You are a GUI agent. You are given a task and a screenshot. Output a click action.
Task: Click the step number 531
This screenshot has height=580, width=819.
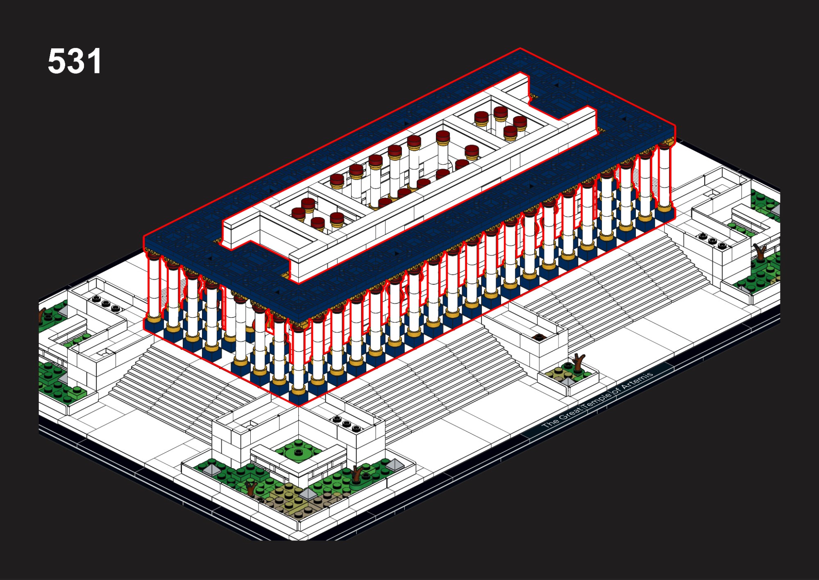74,61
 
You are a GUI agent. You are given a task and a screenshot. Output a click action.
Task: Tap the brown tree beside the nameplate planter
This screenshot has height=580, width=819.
578,362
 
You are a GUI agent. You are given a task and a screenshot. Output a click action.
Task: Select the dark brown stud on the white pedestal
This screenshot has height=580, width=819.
538,337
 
